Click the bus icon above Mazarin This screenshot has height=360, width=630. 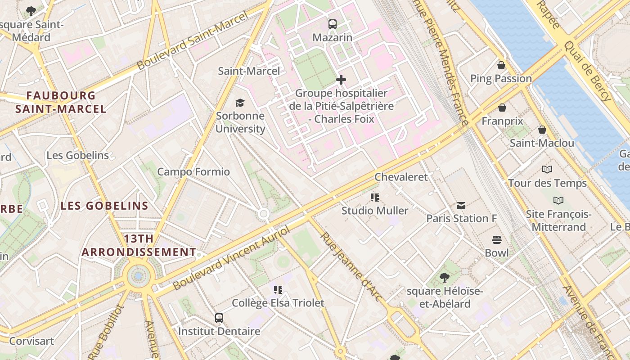pyautogui.click(x=332, y=24)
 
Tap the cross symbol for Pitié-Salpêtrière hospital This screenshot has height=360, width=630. pyautogui.click(x=341, y=80)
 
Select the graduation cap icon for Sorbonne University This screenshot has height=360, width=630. pyautogui.click(x=240, y=103)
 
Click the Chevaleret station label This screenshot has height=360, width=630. pyautogui.click(x=401, y=177)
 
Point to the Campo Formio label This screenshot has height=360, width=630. pyautogui.click(x=193, y=171)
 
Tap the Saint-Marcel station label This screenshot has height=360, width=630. pyautogui.click(x=249, y=71)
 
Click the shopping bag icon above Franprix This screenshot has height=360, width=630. pyautogui.click(x=502, y=108)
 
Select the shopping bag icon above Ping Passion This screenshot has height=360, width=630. pyautogui.click(x=501, y=66)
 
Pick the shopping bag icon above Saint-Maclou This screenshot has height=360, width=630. pyautogui.click(x=542, y=130)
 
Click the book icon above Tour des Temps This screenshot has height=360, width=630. pyautogui.click(x=547, y=170)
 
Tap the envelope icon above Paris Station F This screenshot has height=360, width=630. pyautogui.click(x=461, y=206)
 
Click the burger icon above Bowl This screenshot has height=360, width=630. pyautogui.click(x=496, y=239)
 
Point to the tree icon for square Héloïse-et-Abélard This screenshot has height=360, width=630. pyautogui.click(x=445, y=278)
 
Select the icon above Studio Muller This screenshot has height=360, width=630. pyautogui.click(x=374, y=197)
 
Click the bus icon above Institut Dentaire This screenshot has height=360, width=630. pyautogui.click(x=219, y=318)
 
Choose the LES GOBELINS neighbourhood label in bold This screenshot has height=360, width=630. pyautogui.click(x=104, y=206)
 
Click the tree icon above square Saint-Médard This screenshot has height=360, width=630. pyautogui.click(x=31, y=11)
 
